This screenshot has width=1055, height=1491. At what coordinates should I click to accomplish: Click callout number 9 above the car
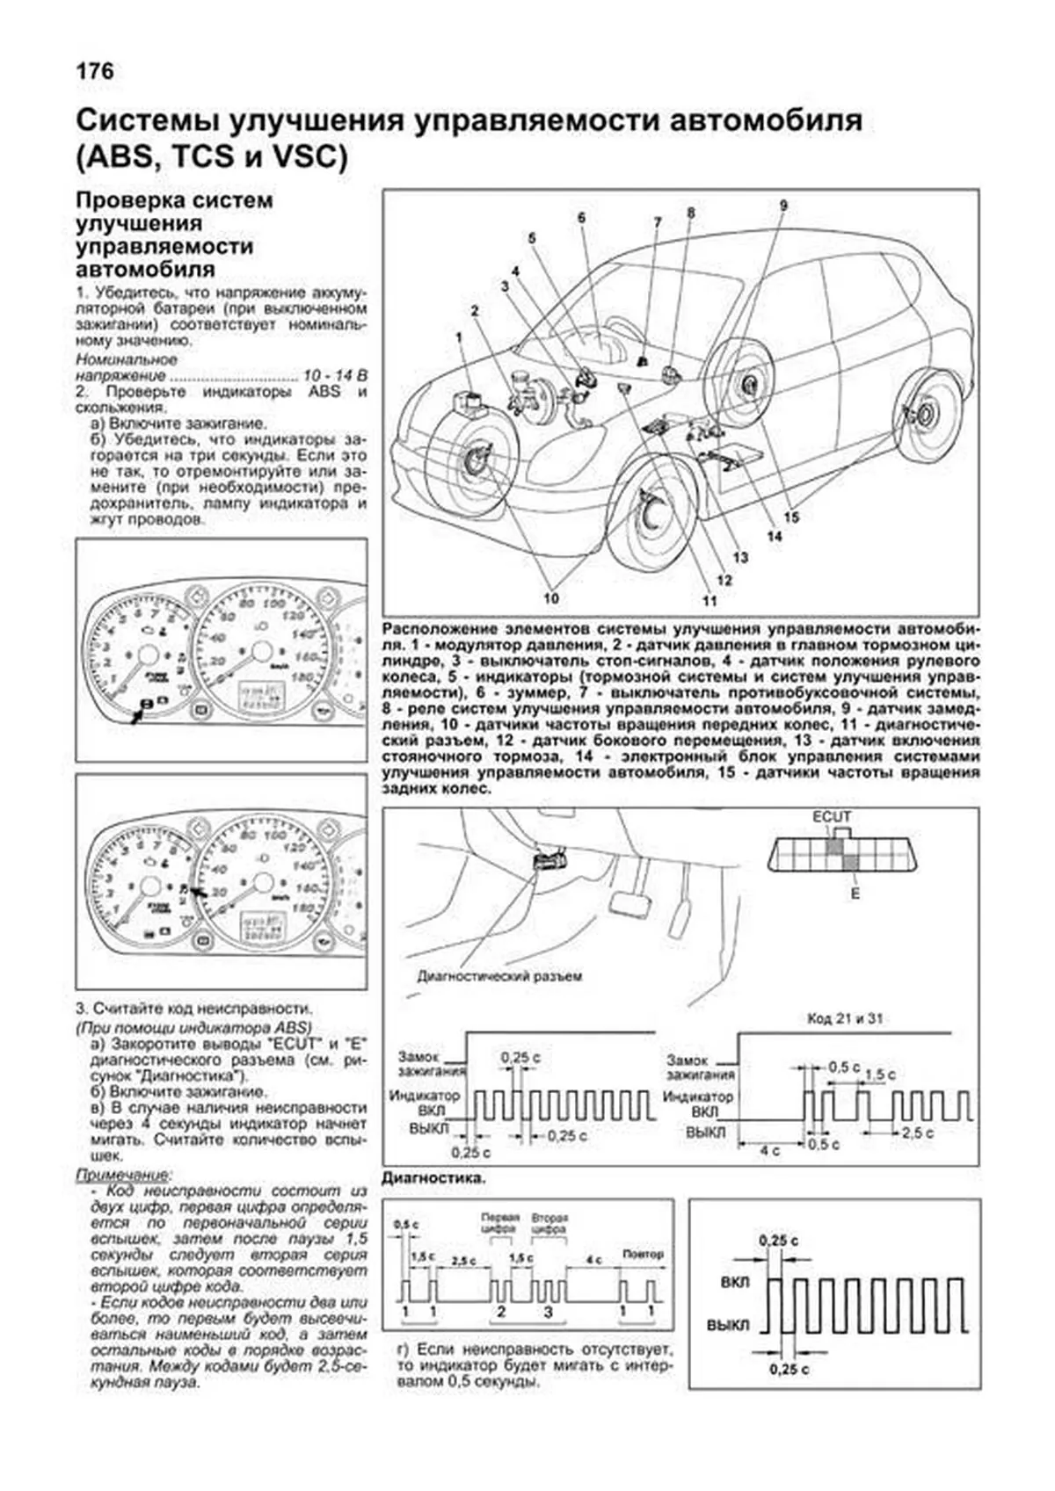click(782, 206)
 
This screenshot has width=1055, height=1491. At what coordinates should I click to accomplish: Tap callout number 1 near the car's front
click(458, 337)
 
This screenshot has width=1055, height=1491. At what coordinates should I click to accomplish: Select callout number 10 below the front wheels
click(551, 598)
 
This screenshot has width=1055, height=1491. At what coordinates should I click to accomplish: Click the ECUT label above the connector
click(831, 817)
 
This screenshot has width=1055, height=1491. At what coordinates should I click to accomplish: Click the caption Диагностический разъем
click(498, 975)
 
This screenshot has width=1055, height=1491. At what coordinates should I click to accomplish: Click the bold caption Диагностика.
click(434, 1177)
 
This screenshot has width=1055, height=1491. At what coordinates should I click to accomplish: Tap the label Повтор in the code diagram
click(642, 1255)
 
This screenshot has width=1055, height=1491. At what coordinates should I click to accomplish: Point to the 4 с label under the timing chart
click(769, 1151)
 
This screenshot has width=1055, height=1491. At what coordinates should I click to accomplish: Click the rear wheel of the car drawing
click(928, 415)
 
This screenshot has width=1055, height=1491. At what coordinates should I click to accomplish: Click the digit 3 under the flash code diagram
click(548, 1312)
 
